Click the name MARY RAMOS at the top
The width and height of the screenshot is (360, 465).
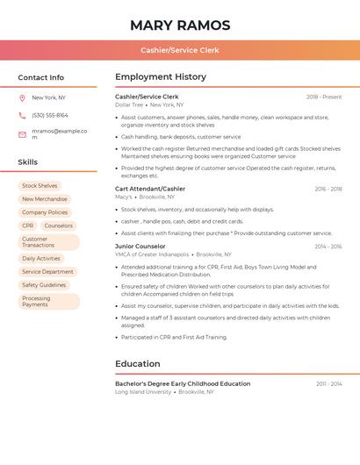(x=180, y=25)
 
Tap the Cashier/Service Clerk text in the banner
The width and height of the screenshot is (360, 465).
(x=180, y=50)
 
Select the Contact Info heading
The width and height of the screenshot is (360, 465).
(x=41, y=77)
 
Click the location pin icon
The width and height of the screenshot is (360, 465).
(x=22, y=97)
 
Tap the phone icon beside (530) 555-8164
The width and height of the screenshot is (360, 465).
(x=22, y=115)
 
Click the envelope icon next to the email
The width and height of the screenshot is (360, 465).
(x=22, y=134)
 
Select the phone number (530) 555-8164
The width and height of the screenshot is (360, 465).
(x=50, y=115)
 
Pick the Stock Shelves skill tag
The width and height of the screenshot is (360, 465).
(x=40, y=186)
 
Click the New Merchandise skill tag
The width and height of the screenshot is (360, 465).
(x=45, y=199)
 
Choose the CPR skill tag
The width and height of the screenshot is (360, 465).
(x=27, y=225)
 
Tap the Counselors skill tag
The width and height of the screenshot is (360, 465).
(x=59, y=225)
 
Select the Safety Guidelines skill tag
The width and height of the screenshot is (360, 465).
(x=44, y=285)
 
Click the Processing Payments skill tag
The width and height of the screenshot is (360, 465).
(x=36, y=302)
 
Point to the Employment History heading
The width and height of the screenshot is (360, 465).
(x=161, y=77)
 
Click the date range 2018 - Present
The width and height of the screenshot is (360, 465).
(x=324, y=97)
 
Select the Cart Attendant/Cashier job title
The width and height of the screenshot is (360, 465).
(x=150, y=189)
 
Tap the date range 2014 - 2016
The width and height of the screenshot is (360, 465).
(x=328, y=247)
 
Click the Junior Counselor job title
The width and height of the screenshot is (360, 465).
(x=140, y=247)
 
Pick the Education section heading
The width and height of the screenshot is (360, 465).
(x=138, y=363)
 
